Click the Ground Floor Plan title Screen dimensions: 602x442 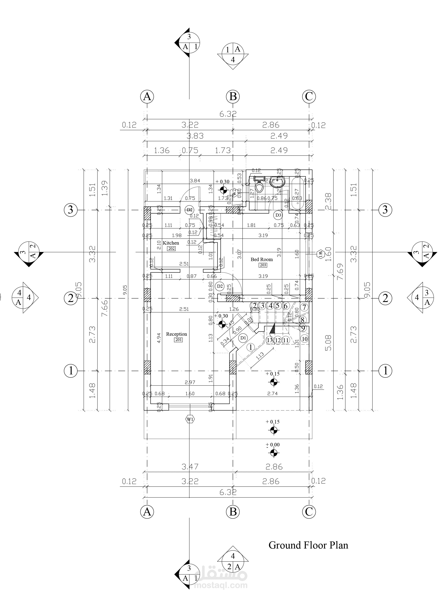point(308,545)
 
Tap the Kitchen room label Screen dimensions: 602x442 point(171,243)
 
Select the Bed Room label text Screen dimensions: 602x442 point(261,259)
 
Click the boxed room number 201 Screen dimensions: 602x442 point(178,340)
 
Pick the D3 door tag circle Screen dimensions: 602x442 point(278,215)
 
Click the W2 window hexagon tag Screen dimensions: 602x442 point(234,192)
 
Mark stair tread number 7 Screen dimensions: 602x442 point(304,307)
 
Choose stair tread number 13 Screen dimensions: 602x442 point(270,340)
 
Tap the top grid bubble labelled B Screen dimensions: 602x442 point(233,96)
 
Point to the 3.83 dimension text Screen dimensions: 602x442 point(195,136)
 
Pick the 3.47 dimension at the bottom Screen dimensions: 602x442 point(190,467)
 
